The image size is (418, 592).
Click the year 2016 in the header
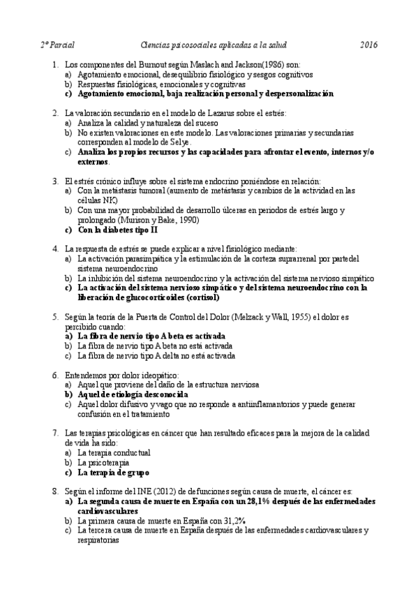pyautogui.click(x=368, y=45)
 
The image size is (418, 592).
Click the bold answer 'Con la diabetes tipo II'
pyautogui.click(x=118, y=229)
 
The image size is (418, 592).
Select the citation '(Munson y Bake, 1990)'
pyautogui.click(x=157, y=220)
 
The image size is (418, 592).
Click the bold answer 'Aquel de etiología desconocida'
pyautogui.click(x=140, y=394)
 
